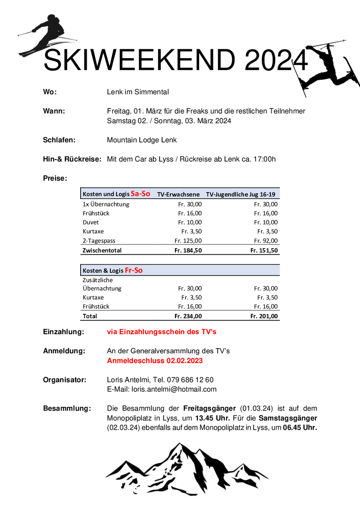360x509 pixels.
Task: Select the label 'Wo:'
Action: tap(50, 92)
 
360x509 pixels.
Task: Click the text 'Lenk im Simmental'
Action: tap(138, 92)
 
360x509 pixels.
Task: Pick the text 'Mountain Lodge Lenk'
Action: tap(142, 140)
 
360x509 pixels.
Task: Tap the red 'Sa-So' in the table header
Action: tap(140, 194)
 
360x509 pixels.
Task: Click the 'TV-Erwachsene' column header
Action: tap(178, 194)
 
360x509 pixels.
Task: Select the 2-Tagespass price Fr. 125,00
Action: tap(188, 241)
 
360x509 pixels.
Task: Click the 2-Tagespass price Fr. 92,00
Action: tap(266, 241)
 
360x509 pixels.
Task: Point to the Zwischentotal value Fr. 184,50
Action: tap(188, 250)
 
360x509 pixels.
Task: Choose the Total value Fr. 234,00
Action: tap(188, 316)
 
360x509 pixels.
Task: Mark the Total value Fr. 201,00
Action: tap(264, 316)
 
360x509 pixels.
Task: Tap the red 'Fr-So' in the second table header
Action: tap(134, 270)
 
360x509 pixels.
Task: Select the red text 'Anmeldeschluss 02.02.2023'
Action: tap(155, 361)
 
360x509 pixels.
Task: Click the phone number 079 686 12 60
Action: tap(190, 380)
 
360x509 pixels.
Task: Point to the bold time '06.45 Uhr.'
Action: tap(300, 428)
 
